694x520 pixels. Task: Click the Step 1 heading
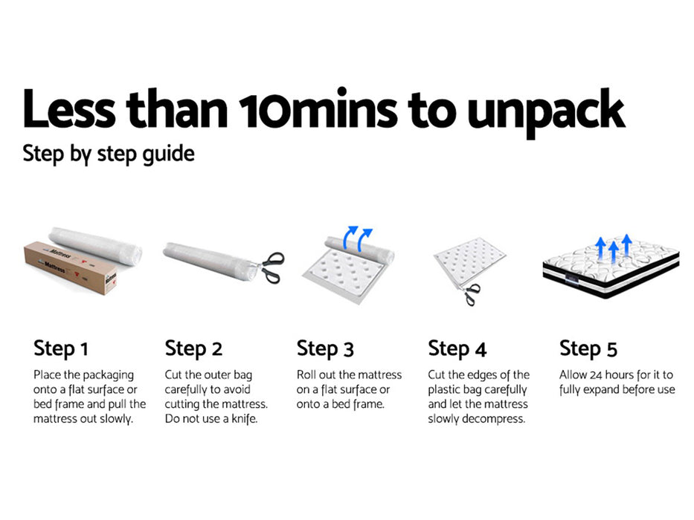61,349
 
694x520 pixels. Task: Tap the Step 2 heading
193,349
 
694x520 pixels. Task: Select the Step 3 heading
325,349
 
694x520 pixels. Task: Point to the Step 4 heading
457,349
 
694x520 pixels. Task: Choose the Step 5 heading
588,349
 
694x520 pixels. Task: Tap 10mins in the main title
318,108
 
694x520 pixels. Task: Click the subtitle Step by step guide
109,155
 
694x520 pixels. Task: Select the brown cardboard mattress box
70,267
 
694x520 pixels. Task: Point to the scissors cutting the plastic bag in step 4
471,294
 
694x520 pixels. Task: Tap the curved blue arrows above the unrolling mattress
358,238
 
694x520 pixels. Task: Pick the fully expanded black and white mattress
611,267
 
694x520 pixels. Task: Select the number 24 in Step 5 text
596,375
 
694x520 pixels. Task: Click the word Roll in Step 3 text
306,375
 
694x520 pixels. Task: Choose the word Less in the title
69,108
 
